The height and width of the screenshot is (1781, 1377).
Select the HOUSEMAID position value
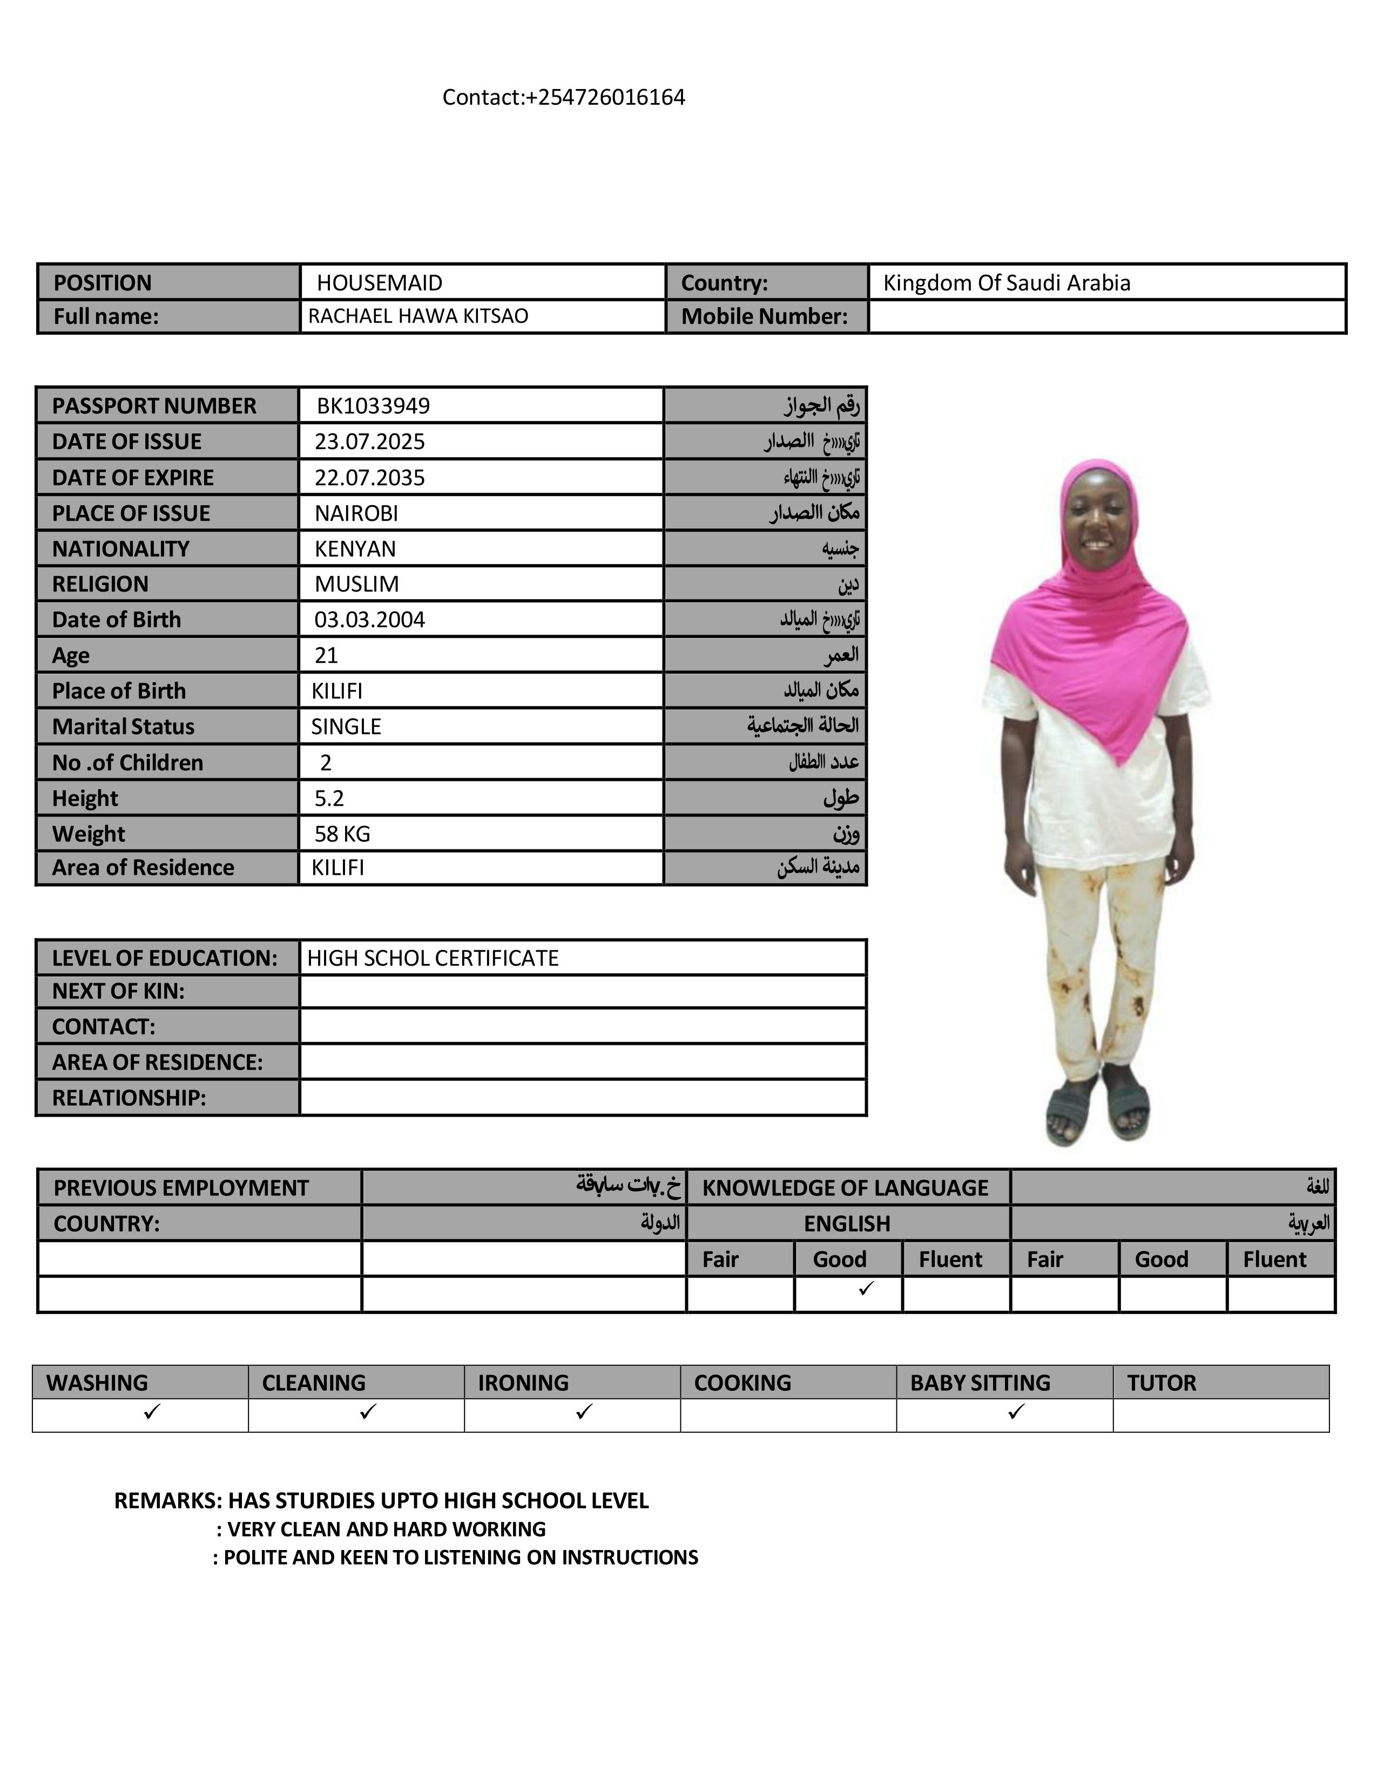[379, 283]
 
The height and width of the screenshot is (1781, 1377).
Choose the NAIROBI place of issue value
[356, 513]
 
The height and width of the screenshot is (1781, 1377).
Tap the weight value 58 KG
[342, 833]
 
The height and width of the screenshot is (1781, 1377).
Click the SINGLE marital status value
[346, 726]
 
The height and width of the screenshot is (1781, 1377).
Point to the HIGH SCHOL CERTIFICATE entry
[433, 958]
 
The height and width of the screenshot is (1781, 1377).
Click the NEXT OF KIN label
[118, 991]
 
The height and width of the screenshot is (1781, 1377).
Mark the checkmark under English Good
[866, 1288]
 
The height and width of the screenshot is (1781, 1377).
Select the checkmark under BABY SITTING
[1016, 1412]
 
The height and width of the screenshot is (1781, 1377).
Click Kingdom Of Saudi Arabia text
[1006, 283]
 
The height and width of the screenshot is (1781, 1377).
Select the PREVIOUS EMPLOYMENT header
[181, 1187]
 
